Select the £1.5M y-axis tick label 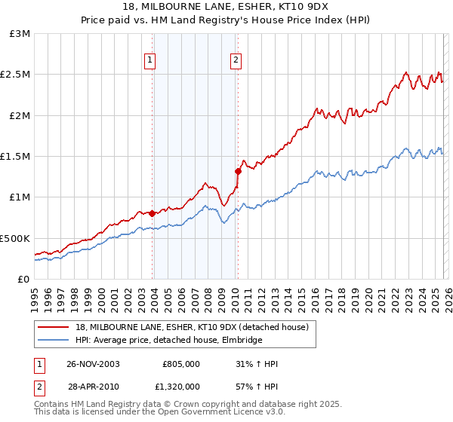click(x=17, y=157)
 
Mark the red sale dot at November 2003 click(x=152, y=213)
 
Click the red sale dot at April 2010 click(x=237, y=171)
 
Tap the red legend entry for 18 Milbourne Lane click(x=192, y=328)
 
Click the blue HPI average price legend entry click(x=168, y=341)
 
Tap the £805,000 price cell click(x=180, y=364)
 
